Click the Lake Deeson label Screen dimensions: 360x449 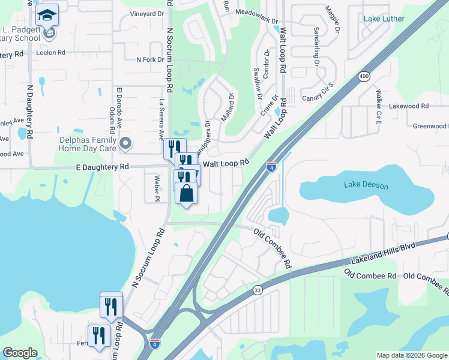[366, 186]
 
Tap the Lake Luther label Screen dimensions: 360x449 [384, 19]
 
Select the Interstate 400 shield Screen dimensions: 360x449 [364, 76]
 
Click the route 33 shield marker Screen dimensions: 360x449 [257, 289]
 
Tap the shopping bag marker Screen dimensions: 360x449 [186, 193]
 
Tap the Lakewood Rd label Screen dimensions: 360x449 [409, 106]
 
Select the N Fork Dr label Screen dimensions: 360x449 [150, 59]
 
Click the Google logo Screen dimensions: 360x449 [20, 353]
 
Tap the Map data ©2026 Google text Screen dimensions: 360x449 [411, 355]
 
